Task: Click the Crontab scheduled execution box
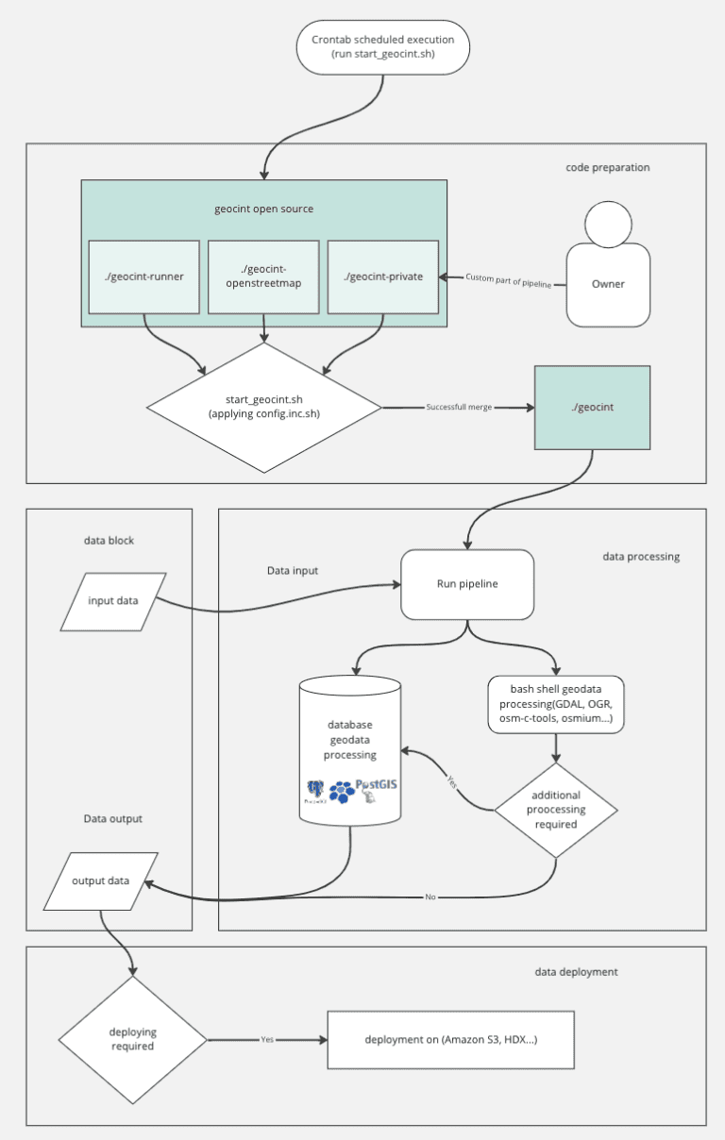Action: coord(382,47)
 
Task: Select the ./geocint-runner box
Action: coord(143,277)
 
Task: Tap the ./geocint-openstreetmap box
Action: coord(264,277)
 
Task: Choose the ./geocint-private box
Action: coord(383,277)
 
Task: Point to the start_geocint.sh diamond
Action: coord(264,407)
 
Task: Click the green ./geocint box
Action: coord(592,407)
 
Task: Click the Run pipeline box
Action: coord(467,584)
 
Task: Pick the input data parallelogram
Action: coord(113,602)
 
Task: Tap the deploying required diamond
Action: coord(132,1039)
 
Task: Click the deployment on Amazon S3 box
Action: coord(450,1040)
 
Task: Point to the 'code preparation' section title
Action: coord(607,168)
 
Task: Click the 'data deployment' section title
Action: coord(576,971)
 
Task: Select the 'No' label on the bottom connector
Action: coord(430,897)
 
